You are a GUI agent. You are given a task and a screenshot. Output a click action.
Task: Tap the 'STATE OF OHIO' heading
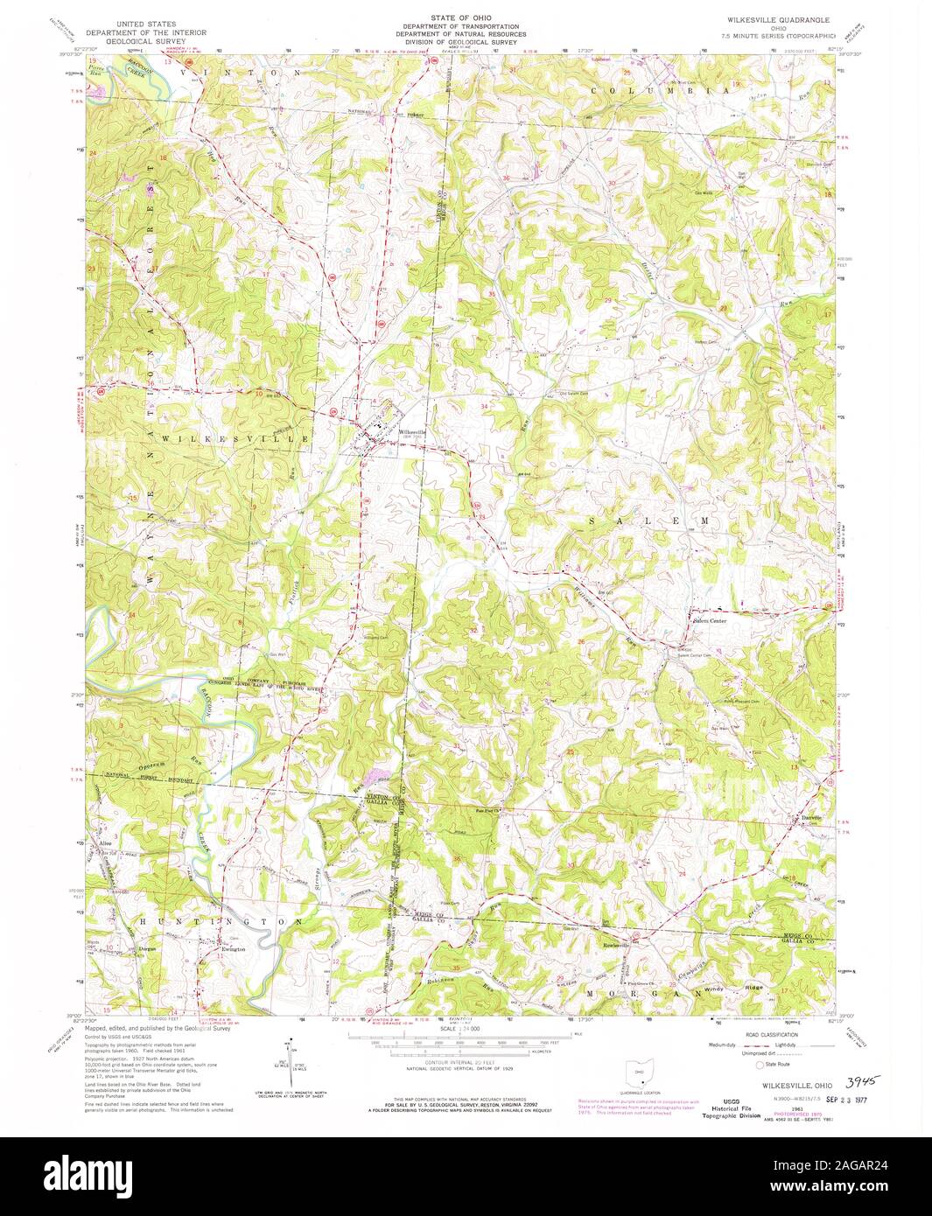[466, 17]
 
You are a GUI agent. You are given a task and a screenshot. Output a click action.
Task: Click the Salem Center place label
[710, 621]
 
